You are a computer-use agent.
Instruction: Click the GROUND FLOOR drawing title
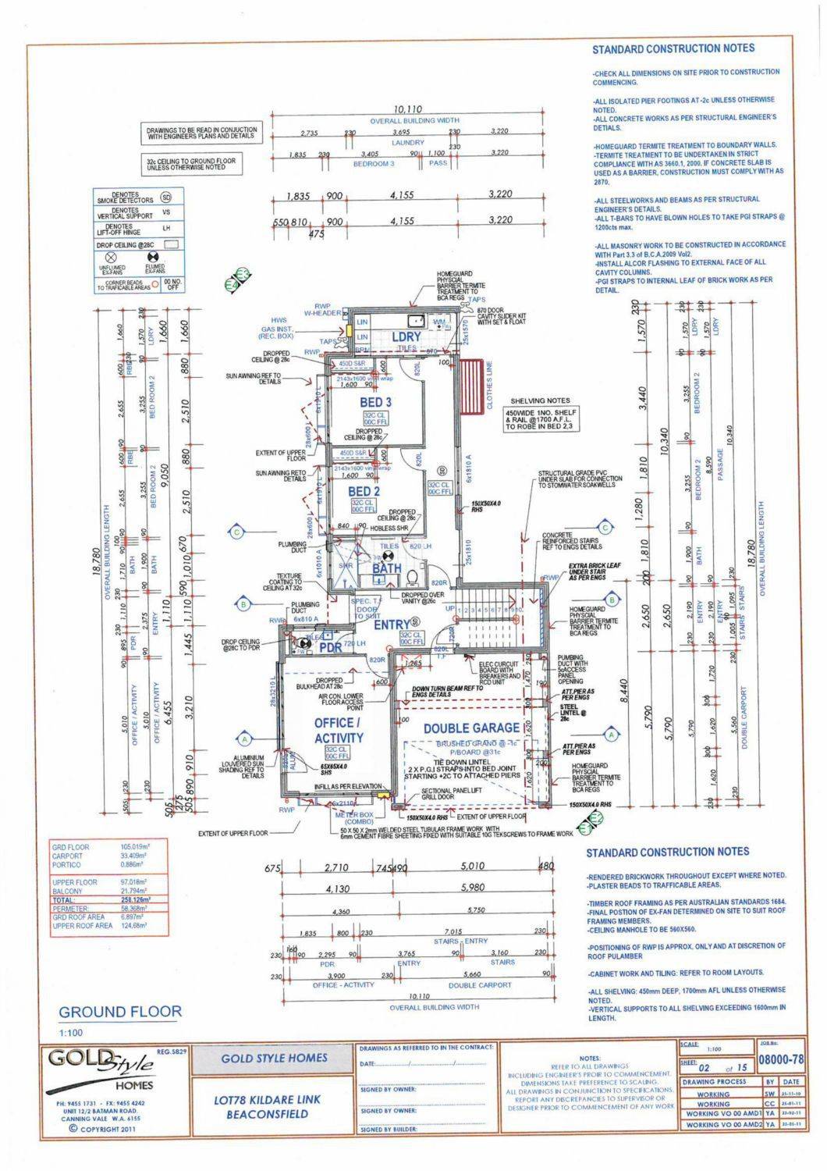(x=120, y=1012)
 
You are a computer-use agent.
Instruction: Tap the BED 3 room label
(x=375, y=402)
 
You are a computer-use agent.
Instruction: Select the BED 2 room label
(x=364, y=491)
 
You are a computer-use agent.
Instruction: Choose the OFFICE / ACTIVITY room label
(x=339, y=730)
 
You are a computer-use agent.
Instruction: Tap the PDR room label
(x=331, y=647)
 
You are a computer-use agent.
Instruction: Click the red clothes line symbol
(x=471, y=387)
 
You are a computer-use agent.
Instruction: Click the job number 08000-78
(x=781, y=1059)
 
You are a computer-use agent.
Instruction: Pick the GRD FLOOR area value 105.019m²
(x=134, y=847)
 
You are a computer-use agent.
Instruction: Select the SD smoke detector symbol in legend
(x=165, y=197)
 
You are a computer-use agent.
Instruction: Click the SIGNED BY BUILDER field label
(x=388, y=1130)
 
